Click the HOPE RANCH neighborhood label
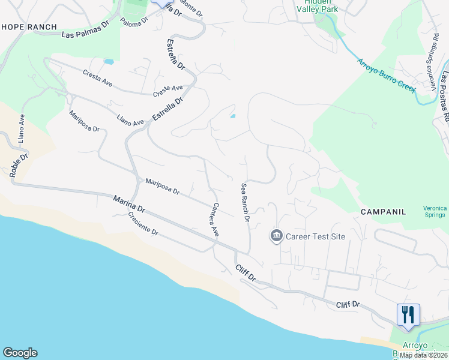click(29, 27)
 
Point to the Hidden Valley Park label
click(318, 6)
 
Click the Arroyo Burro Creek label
click(387, 75)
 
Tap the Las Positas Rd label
click(445, 96)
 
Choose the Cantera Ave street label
click(213, 218)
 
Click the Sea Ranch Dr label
click(245, 202)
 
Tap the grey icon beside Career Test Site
click(276, 236)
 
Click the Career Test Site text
click(315, 236)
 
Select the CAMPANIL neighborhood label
click(383, 212)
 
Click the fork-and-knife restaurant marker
click(408, 314)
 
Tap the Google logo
click(20, 353)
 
